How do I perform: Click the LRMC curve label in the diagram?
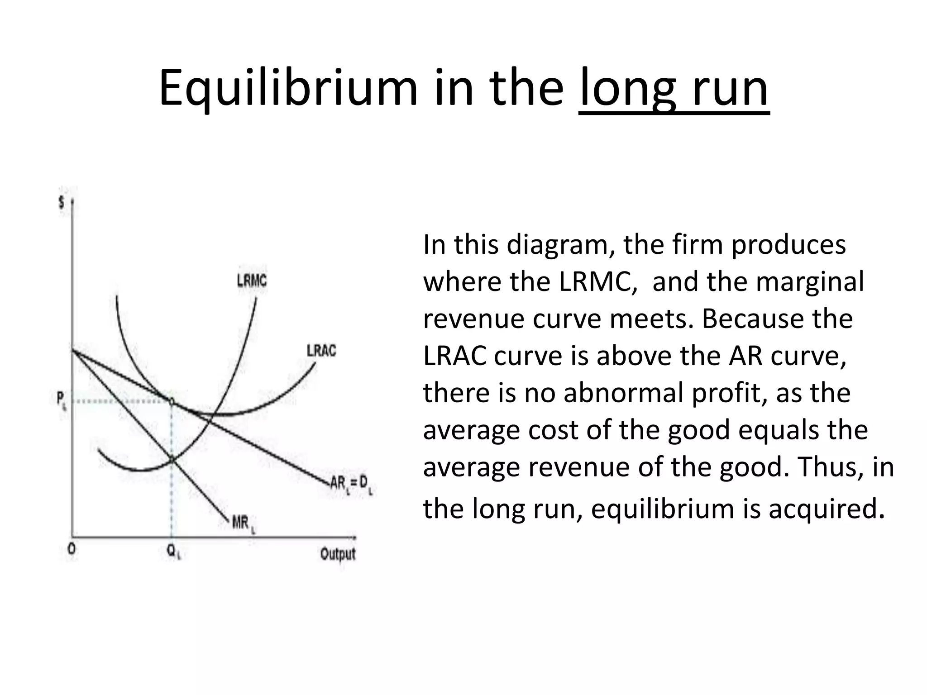pos(252,281)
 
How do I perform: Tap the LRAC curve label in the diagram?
pos(321,351)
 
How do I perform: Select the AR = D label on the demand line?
pos(351,485)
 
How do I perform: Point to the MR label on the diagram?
pos(244,524)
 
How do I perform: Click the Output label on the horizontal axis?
pos(338,554)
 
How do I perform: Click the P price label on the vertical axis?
pos(61,400)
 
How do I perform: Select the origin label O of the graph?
pos(72,549)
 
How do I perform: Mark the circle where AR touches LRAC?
pos(172,401)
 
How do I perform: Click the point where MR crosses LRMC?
pos(172,460)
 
